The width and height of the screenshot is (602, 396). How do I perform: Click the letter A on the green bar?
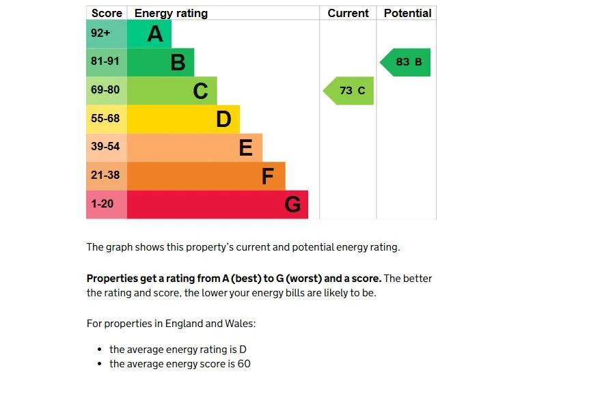click(155, 34)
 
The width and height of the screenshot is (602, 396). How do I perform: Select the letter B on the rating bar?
click(178, 63)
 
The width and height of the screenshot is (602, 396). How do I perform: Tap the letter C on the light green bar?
click(200, 91)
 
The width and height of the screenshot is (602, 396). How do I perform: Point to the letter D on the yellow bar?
click(223, 119)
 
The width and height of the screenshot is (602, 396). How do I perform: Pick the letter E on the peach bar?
click(245, 147)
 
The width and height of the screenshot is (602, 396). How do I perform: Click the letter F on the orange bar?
click(268, 177)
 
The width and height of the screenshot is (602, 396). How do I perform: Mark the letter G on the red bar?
click(292, 205)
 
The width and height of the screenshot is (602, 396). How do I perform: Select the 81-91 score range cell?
click(106, 62)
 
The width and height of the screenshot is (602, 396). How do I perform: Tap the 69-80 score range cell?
click(106, 90)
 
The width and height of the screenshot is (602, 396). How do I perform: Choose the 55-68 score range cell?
click(106, 119)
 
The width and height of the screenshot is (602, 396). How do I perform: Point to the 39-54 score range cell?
click(106, 147)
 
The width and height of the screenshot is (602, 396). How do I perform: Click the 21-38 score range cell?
click(106, 175)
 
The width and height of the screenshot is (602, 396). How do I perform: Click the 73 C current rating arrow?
click(350, 91)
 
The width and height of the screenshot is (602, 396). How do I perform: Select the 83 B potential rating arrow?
click(407, 62)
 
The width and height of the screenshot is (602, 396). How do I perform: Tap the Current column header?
click(348, 13)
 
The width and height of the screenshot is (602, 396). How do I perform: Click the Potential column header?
click(407, 13)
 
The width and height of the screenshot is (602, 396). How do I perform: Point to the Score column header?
click(107, 13)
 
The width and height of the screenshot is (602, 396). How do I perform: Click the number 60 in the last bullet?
click(244, 364)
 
